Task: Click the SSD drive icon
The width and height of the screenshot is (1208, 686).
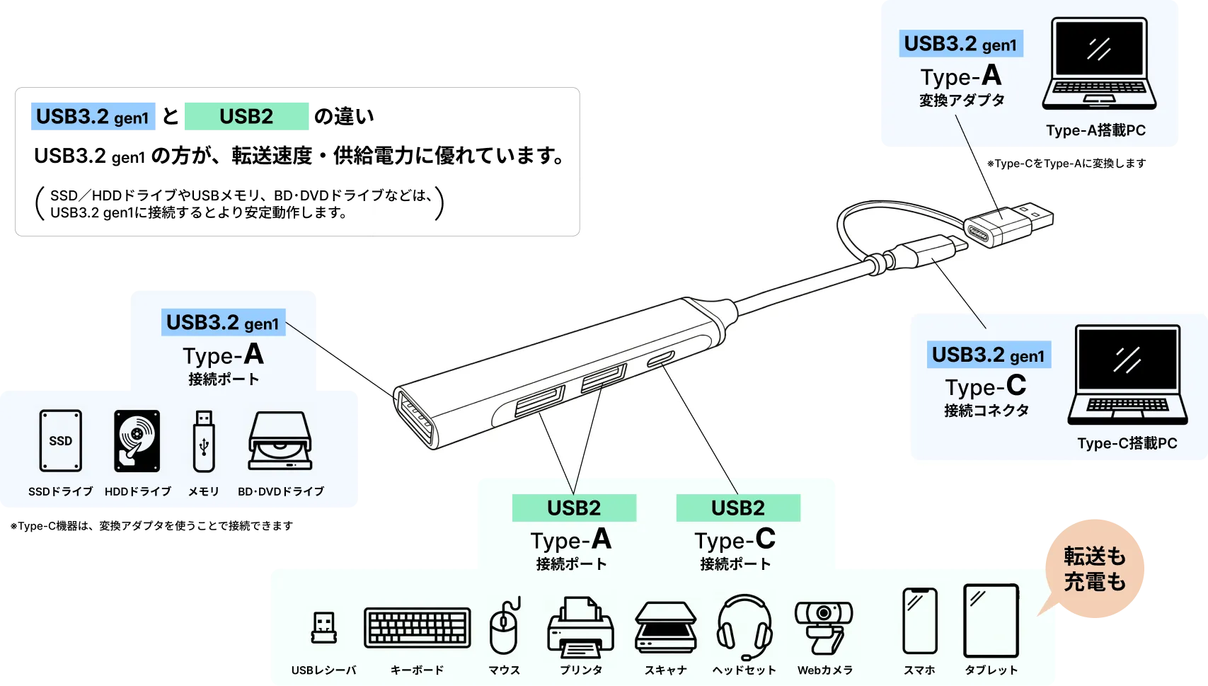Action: (60, 440)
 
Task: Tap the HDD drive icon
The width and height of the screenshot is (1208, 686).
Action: (137, 440)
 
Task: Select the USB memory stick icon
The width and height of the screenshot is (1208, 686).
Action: (204, 440)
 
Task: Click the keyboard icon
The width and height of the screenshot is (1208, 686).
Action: (417, 627)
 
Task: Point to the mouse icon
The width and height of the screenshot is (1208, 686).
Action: (504, 627)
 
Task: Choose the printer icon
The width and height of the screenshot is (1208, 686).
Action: (580, 627)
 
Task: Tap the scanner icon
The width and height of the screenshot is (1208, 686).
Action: (665, 627)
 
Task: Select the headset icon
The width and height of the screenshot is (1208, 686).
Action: (744, 626)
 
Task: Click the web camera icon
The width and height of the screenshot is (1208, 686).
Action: (824, 627)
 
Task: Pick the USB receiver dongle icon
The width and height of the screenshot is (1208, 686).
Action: (323, 627)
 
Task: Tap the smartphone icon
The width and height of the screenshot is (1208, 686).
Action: (919, 621)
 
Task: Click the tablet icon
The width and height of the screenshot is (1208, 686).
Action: (991, 621)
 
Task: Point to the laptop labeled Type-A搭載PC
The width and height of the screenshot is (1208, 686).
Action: (1098, 64)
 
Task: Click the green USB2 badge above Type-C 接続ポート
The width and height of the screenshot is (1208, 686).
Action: (737, 508)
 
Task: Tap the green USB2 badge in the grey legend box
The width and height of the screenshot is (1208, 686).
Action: (246, 116)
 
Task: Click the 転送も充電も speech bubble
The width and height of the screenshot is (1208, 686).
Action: (1094, 568)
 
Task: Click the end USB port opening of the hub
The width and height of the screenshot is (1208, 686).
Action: (415, 418)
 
